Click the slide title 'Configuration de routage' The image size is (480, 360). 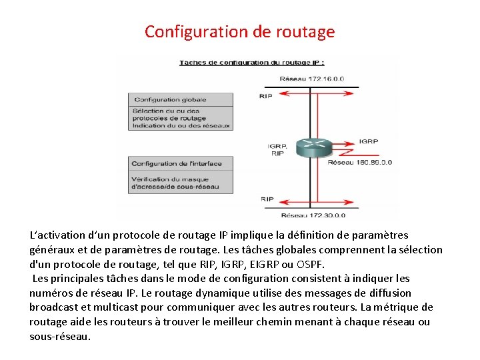[x=240, y=31]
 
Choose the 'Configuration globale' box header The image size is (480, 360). [x=169, y=100]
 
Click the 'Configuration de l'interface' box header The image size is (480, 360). [x=177, y=163]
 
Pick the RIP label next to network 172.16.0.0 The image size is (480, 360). [x=266, y=97]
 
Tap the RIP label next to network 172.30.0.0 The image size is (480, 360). [x=267, y=199]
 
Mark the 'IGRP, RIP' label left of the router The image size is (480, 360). [x=277, y=149]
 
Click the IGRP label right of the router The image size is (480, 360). [x=369, y=141]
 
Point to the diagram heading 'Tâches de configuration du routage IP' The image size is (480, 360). [x=251, y=63]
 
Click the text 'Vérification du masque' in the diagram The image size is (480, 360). [x=166, y=179]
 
